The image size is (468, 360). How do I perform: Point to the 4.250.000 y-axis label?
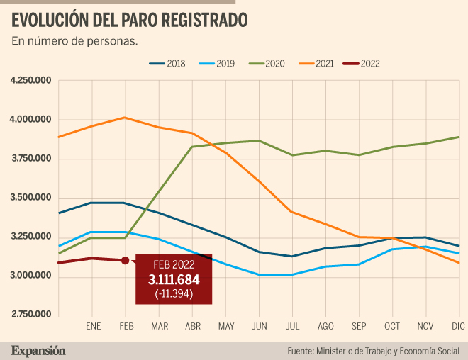point(31,81)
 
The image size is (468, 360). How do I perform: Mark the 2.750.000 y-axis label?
point(31,315)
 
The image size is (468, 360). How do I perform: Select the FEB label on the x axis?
point(126,327)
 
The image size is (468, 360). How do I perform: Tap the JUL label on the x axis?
point(292,327)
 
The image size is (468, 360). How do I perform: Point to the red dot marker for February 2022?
point(125,261)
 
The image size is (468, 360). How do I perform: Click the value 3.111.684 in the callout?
point(174,280)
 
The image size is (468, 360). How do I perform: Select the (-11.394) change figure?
point(174,294)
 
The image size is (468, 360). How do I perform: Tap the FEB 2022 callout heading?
point(174,265)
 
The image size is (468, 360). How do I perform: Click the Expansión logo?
point(38,350)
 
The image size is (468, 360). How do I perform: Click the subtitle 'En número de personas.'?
point(74,41)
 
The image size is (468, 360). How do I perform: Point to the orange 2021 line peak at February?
point(125,118)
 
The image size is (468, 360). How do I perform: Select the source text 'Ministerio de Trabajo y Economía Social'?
point(388,351)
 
